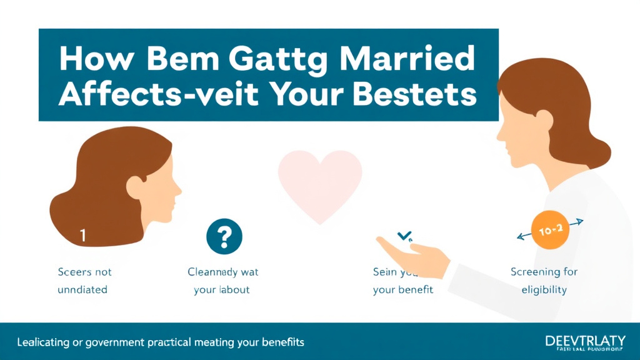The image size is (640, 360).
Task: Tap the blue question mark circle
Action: tap(224, 236)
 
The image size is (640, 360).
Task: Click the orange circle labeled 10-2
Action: tap(547, 231)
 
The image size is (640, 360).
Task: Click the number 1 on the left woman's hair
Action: tap(83, 236)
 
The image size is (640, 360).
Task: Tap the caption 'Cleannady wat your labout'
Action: tap(222, 281)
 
